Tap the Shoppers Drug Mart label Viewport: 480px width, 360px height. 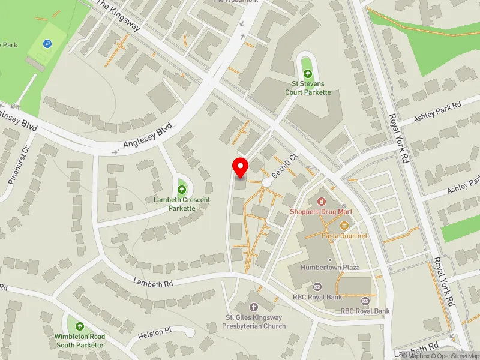pyautogui.click(x=321, y=212)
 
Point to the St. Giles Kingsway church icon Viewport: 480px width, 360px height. pyautogui.click(x=253, y=307)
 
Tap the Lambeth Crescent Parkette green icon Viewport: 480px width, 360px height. pyautogui.click(x=182, y=184)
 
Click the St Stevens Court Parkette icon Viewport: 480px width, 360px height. pyautogui.click(x=308, y=74)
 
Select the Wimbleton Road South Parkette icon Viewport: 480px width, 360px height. pyautogui.click(x=80, y=326)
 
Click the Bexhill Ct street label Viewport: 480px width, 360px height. pyautogui.click(x=285, y=163)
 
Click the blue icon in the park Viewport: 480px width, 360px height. pyautogui.click(x=47, y=44)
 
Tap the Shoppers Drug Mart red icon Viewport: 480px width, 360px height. pyautogui.click(x=321, y=201)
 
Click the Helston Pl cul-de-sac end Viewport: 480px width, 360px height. pyautogui.click(x=190, y=332)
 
